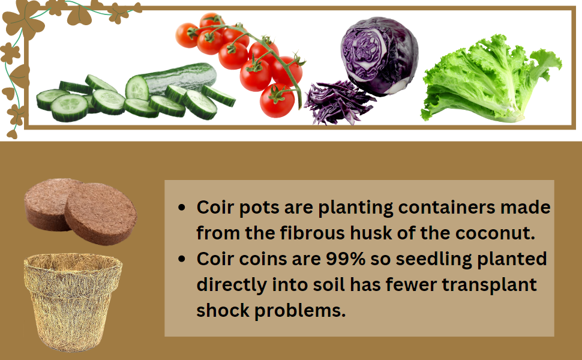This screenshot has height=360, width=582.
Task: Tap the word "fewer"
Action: tap(415, 285)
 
